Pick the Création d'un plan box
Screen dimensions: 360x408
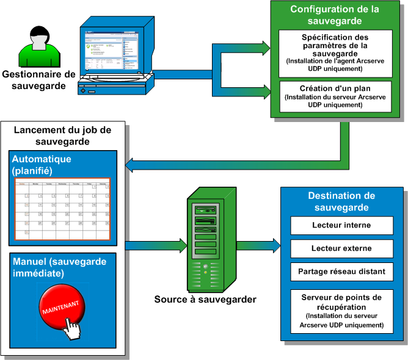click(332, 96)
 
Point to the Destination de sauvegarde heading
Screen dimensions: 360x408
click(341, 201)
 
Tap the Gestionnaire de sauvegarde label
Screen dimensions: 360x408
click(38, 80)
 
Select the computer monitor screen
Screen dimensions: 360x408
click(107, 53)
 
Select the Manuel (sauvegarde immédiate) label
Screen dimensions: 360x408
click(59, 267)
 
